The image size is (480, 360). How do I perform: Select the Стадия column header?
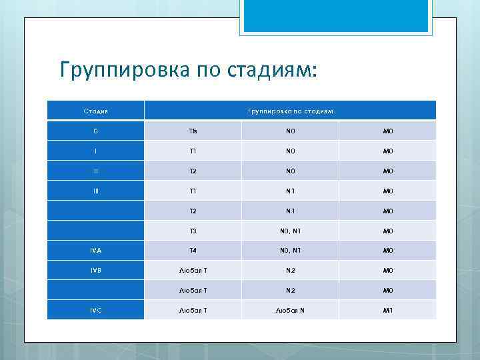coord(95,110)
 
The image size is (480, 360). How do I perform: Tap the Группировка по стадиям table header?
coord(290,110)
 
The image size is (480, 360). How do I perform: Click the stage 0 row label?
coord(95,130)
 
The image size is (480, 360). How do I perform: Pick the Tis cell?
coord(193,130)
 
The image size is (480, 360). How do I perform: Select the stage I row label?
coord(95,150)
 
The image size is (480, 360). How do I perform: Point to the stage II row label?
coord(95,170)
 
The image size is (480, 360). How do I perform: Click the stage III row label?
coord(95,190)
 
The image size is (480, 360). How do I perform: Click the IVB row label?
coord(95,270)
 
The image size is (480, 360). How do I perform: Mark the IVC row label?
coord(95,310)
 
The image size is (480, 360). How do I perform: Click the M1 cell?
coord(387,310)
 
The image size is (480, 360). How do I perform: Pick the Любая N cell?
coord(290,310)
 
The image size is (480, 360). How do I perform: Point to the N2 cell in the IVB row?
coord(290,270)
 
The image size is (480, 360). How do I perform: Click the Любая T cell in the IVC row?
coord(193,310)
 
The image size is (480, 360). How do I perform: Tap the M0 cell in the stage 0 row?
coord(387,130)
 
